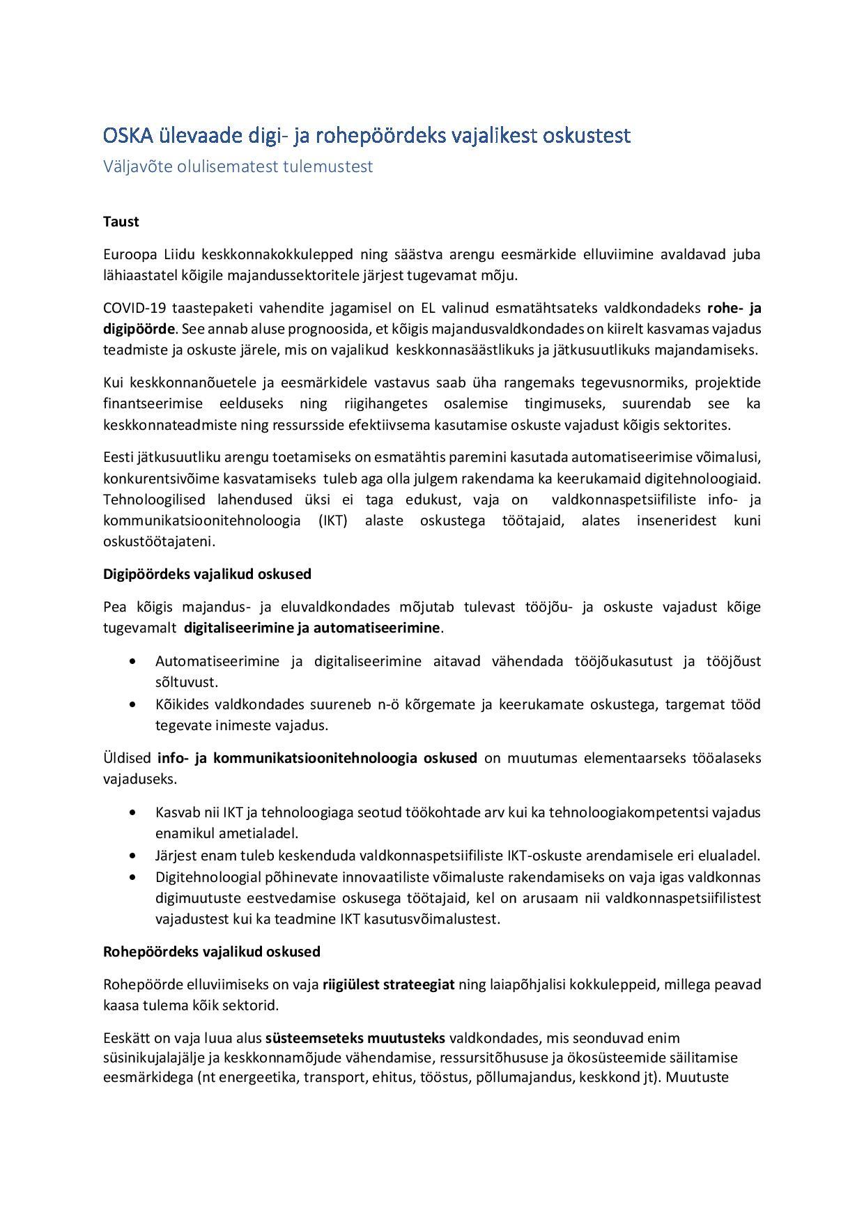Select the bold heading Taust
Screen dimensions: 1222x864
pyautogui.click(x=121, y=222)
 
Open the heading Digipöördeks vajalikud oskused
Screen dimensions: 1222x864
pyautogui.click(x=207, y=574)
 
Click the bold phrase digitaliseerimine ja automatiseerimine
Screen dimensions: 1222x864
pyautogui.click(x=311, y=628)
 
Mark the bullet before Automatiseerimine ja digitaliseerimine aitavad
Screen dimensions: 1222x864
pyautogui.click(x=133, y=661)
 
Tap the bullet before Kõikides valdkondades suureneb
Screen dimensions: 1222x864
pyautogui.click(x=133, y=704)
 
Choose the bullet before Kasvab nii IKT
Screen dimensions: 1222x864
pyautogui.click(x=133, y=812)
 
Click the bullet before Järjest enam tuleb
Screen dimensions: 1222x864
pyautogui.click(x=133, y=856)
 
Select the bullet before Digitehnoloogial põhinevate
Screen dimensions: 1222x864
pyautogui.click(x=133, y=877)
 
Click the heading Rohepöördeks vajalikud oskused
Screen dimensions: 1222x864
pyautogui.click(x=212, y=952)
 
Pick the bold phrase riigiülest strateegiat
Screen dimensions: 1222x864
pyautogui.click(x=388, y=984)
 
